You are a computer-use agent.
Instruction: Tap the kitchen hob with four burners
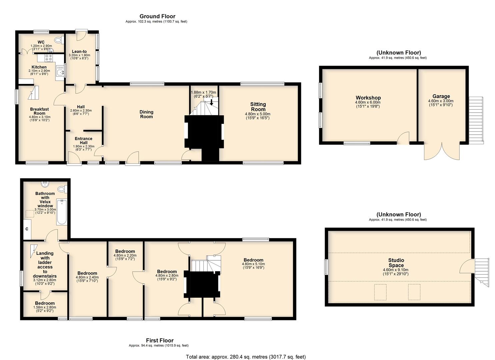click(x=49, y=58)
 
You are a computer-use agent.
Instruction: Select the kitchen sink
click(x=60, y=72)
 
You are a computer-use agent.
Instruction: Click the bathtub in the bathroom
click(x=61, y=212)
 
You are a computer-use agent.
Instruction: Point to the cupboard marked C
click(x=27, y=229)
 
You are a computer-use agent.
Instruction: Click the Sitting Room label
click(x=258, y=107)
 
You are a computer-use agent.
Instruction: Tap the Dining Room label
click(x=146, y=114)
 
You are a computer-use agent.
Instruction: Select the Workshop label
click(x=368, y=98)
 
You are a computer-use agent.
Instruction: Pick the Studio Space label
click(x=396, y=263)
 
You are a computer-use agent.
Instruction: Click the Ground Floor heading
click(x=157, y=16)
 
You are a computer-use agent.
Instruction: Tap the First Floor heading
click(x=160, y=340)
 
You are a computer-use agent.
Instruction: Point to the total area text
click(x=246, y=357)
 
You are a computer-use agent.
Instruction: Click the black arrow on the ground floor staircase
click(x=211, y=102)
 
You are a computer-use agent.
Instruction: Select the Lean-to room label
click(x=79, y=51)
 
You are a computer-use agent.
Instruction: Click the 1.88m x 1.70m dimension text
click(x=203, y=92)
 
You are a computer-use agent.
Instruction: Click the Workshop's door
click(x=403, y=138)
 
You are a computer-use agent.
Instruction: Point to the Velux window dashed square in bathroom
click(x=29, y=214)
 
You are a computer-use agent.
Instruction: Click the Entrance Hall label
click(x=83, y=141)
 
